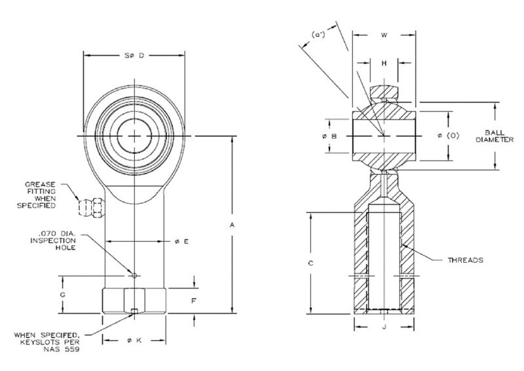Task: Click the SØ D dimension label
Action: pyautogui.click(x=134, y=56)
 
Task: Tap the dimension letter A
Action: pyautogui.click(x=233, y=225)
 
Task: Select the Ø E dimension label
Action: pyautogui.click(x=181, y=242)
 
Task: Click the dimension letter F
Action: pyautogui.click(x=194, y=302)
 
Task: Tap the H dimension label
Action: pyautogui.click(x=384, y=63)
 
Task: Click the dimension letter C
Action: pyautogui.click(x=312, y=263)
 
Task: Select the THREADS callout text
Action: pyautogui.click(x=465, y=260)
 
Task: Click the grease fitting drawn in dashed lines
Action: pyautogui.click(x=90, y=206)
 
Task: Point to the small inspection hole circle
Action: pyautogui.click(x=134, y=275)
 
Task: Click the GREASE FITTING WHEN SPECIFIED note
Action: pyautogui.click(x=40, y=195)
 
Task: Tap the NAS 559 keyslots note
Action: pyautogui.click(x=49, y=343)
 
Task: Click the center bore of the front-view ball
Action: pyautogui.click(x=135, y=136)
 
